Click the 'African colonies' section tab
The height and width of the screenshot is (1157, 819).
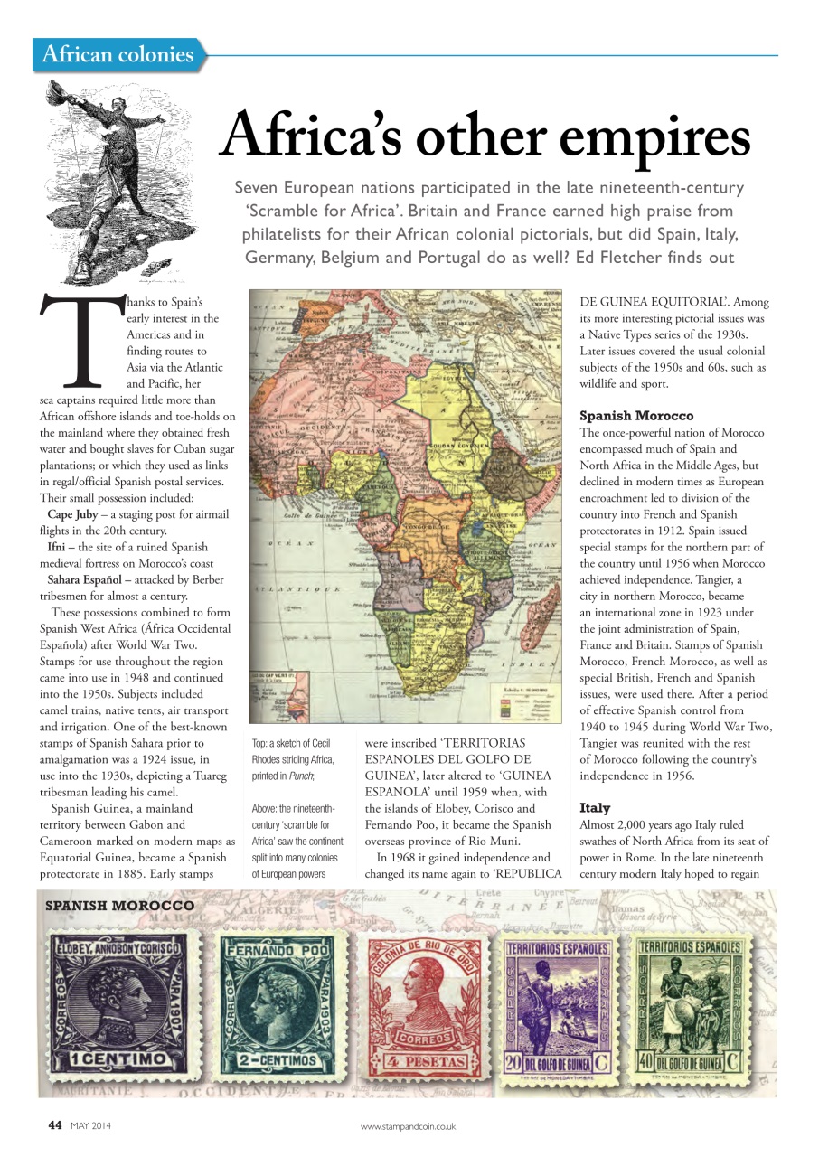point(118,54)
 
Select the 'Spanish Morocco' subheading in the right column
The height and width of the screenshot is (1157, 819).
point(636,416)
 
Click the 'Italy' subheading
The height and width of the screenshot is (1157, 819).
point(595,807)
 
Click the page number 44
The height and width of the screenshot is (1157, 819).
point(53,1125)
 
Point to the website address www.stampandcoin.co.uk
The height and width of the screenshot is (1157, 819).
point(408,1126)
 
